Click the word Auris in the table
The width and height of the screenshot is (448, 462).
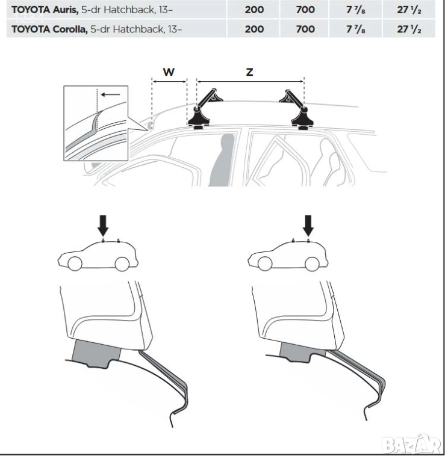(66, 10)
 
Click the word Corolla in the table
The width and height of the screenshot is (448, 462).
(70, 29)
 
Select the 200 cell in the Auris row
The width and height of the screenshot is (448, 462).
(254, 10)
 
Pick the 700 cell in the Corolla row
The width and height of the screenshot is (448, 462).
(305, 29)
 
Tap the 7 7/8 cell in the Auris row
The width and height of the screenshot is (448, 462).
(356, 10)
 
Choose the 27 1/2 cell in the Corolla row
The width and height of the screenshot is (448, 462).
(409, 29)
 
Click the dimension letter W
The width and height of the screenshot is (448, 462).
(169, 72)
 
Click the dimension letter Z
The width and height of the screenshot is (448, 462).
(249, 72)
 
